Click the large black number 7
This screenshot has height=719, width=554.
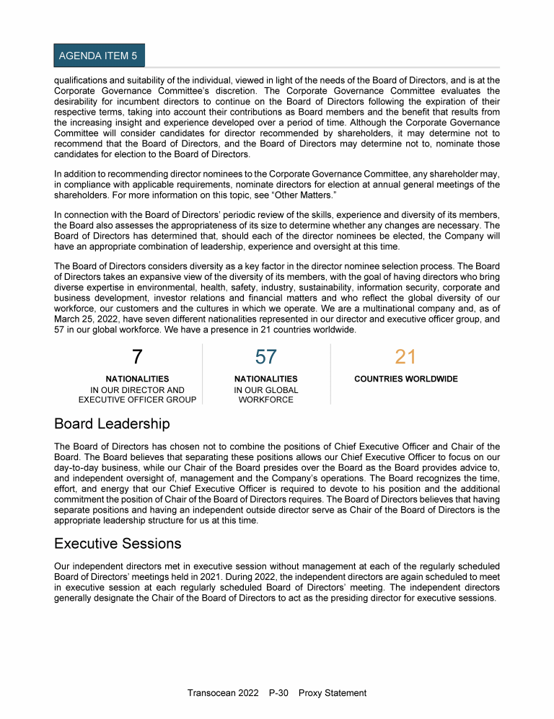[x=137, y=357]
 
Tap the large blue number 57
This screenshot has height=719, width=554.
[x=265, y=357]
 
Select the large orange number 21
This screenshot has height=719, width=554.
[x=405, y=357]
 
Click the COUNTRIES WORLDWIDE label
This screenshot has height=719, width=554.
[x=406, y=379]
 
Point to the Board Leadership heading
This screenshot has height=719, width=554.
[x=112, y=423]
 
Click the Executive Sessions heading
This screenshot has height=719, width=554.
[x=118, y=543]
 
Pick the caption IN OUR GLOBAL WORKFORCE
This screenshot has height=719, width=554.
[x=265, y=395]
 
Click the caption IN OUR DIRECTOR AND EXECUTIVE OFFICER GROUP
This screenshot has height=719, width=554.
[x=137, y=395]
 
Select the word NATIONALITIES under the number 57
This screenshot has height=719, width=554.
[x=265, y=379]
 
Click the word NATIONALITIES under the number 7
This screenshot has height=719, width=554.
[x=137, y=379]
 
